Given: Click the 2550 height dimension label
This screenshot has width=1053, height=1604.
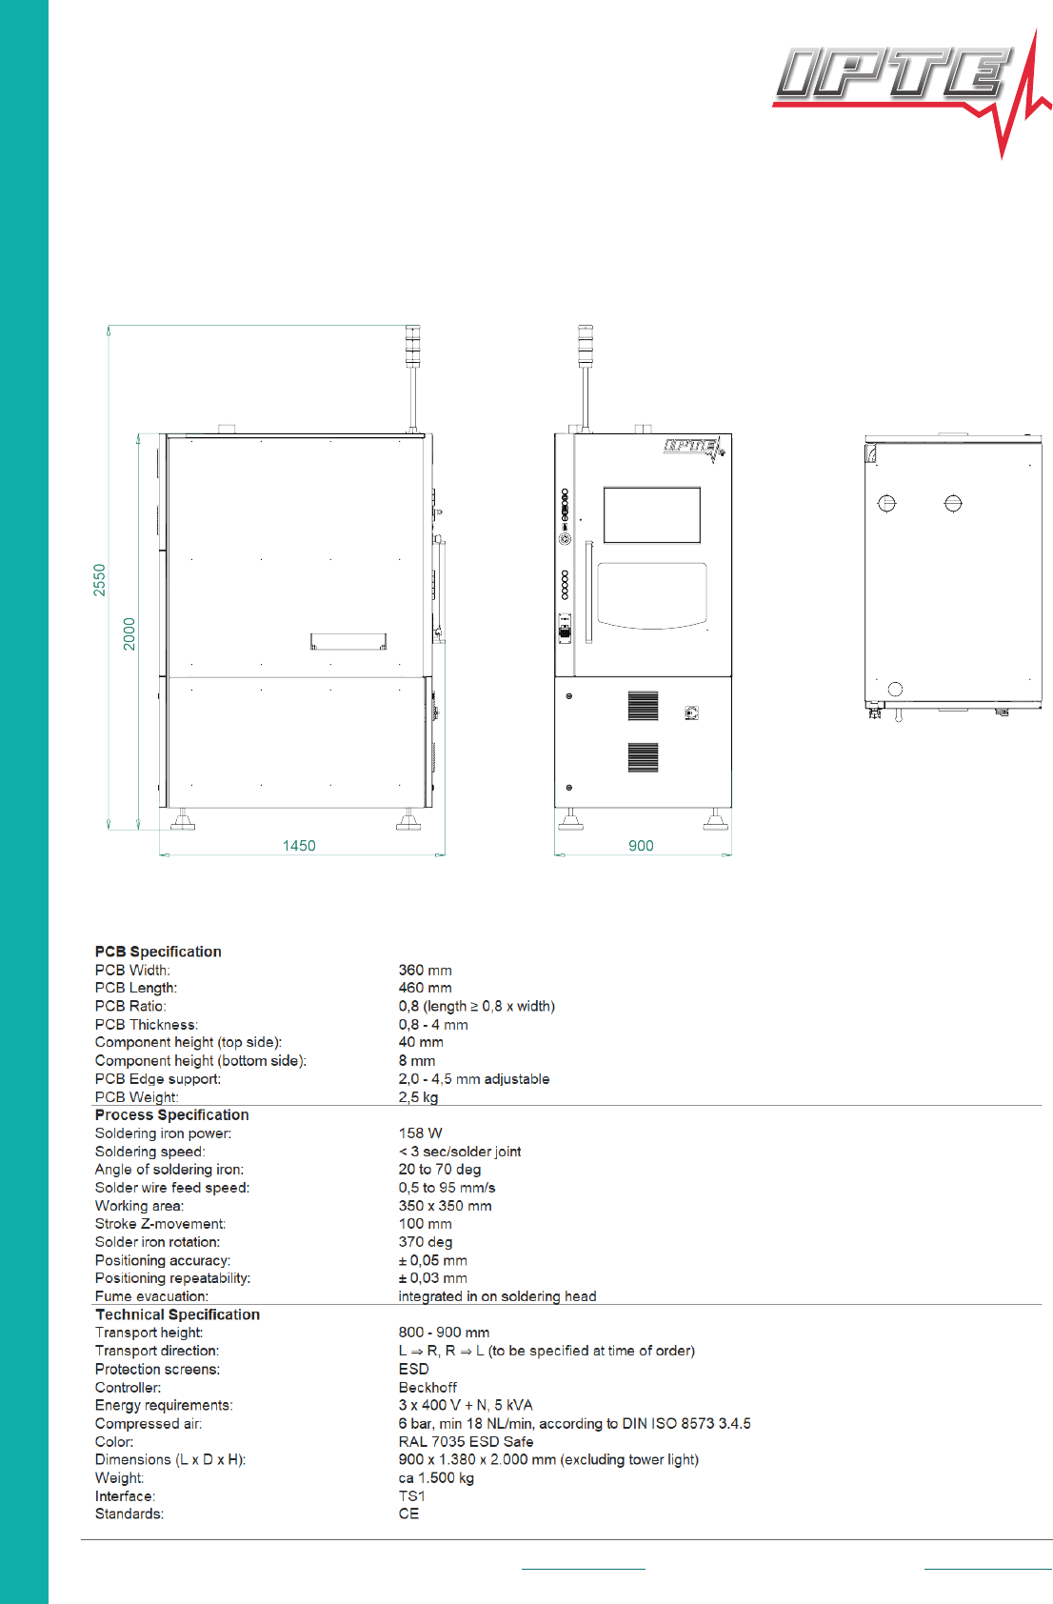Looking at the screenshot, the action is [100, 579].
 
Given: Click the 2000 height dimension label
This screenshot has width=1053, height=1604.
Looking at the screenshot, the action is [129, 633].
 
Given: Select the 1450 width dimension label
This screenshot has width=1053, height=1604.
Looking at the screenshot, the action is [299, 846].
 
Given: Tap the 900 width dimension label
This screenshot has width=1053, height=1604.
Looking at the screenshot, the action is [641, 846].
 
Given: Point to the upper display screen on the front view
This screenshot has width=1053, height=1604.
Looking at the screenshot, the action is [651, 515].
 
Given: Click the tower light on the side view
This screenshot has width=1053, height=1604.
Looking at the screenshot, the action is [413, 346].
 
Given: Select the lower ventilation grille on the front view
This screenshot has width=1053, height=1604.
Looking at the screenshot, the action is [643, 757].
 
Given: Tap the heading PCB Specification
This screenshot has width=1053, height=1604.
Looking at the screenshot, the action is [158, 952].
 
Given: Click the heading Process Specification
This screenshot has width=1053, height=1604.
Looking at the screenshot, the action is [171, 1115].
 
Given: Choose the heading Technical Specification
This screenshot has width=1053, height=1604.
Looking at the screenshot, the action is [177, 1314].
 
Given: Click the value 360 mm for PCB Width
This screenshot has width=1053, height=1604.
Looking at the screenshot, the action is [426, 971].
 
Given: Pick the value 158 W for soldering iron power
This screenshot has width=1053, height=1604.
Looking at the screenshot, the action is [420, 1133].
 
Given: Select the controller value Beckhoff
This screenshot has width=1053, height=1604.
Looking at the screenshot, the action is [427, 1388].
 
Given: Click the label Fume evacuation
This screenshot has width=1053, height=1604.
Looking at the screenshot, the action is [151, 1296].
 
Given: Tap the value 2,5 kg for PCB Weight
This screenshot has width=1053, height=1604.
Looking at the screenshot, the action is [418, 1097].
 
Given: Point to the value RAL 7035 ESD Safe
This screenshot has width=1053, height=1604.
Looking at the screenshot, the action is [466, 1442].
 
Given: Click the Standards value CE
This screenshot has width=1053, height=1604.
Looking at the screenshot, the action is [408, 1514].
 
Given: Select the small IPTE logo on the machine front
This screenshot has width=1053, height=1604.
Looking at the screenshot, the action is [694, 449].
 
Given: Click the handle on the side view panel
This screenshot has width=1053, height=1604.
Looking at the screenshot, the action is [348, 641].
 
